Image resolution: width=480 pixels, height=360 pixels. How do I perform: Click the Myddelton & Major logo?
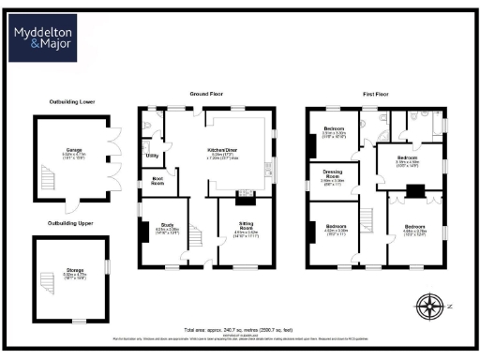(45, 38)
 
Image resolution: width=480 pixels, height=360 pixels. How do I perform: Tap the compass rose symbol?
(429, 306)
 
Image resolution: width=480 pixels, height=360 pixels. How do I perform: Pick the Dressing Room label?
(334, 175)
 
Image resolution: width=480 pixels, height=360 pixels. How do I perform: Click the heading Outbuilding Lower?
(72, 102)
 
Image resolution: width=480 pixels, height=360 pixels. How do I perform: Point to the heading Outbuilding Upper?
(72, 223)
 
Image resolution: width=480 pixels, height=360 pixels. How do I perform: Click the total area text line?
(239, 330)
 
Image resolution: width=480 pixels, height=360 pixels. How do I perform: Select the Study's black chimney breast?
(142, 231)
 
